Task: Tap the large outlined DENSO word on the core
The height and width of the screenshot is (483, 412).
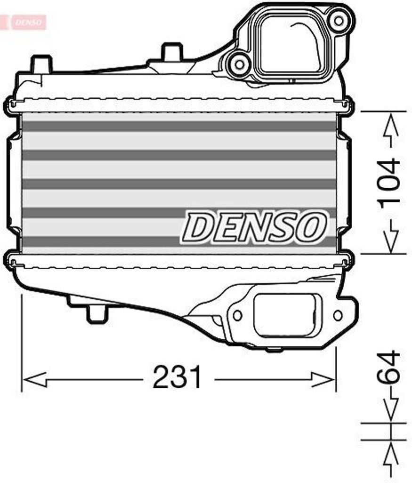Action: coord(255,227)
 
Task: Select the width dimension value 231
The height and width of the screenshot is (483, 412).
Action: coord(177,377)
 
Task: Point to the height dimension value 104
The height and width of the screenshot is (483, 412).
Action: coord(390,182)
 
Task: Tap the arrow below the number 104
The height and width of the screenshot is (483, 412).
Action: coord(390,236)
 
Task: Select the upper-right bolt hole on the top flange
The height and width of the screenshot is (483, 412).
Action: coord(338,20)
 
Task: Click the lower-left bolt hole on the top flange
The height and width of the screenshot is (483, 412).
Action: coord(239,63)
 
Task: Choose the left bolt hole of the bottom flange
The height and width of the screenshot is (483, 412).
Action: coord(237,315)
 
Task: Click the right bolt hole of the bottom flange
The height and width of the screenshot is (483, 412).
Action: coord(338,315)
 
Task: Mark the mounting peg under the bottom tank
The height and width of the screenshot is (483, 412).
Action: coord(97,313)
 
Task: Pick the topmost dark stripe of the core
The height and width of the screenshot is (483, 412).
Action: coord(179,126)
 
